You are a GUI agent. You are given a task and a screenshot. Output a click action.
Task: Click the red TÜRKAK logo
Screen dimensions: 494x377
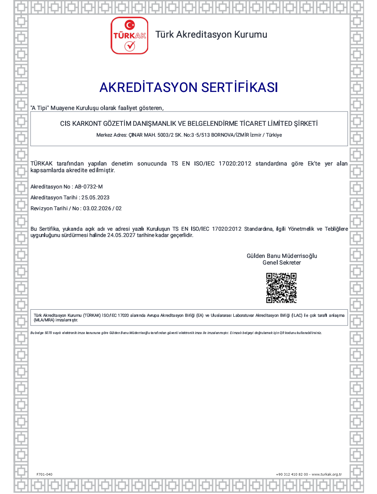click(x=129, y=36)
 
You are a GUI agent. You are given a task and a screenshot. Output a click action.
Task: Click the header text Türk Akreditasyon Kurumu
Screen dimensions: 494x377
click(x=211, y=35)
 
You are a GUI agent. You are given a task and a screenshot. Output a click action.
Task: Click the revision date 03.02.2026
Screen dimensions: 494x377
click(x=97, y=208)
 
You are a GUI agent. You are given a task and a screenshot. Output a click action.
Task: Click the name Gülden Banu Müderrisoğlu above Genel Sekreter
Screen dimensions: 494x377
click(x=282, y=256)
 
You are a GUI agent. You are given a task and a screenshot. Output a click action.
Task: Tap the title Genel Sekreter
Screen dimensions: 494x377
click(x=282, y=262)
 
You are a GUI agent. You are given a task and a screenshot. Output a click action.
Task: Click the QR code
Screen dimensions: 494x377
click(x=281, y=288)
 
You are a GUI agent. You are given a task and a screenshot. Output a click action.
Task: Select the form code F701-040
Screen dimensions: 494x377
click(x=45, y=474)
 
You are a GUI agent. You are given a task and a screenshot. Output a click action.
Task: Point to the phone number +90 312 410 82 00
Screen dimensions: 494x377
click(x=292, y=474)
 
